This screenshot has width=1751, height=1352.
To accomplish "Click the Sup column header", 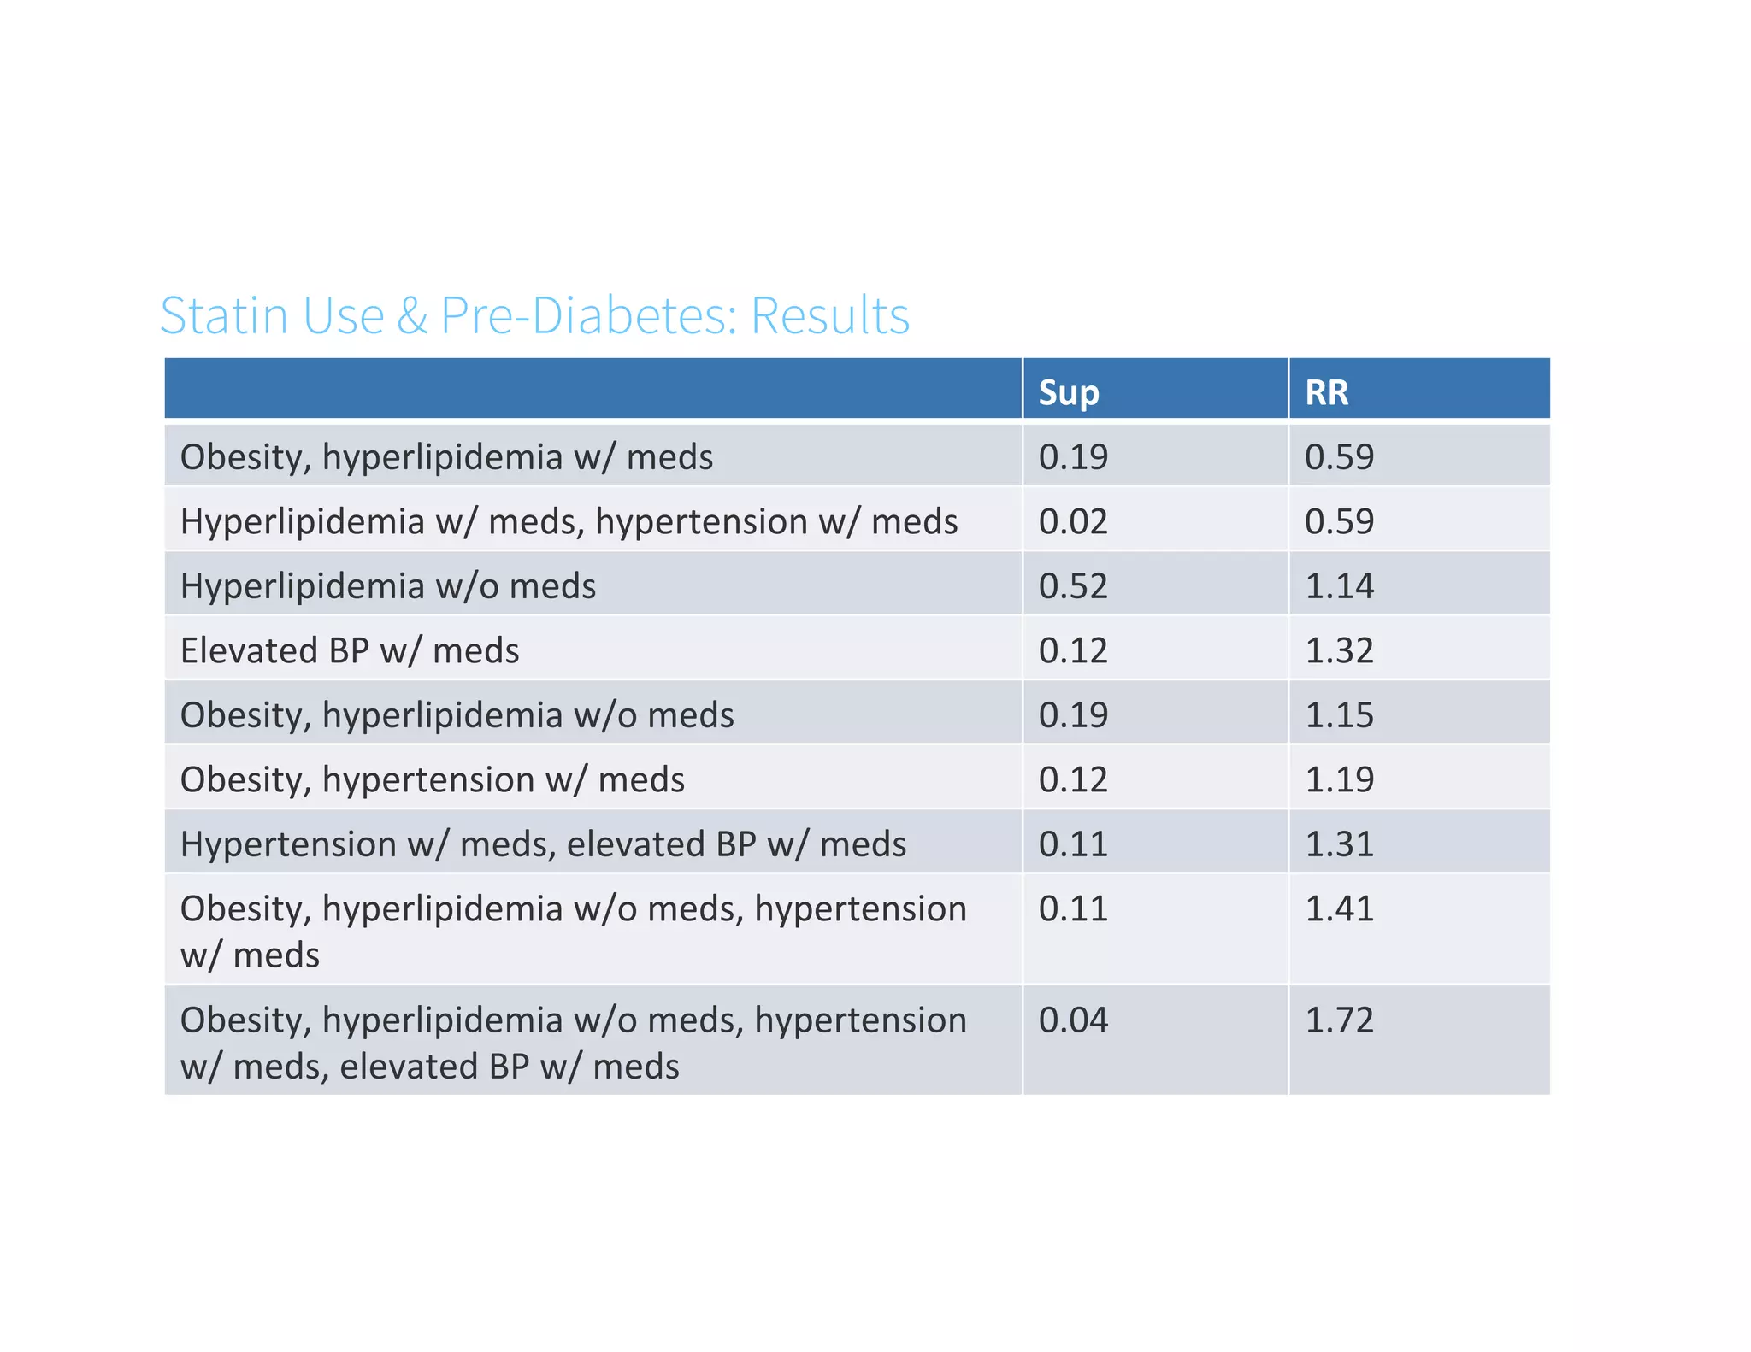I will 1068,392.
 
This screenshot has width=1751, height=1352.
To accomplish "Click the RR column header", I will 1326,392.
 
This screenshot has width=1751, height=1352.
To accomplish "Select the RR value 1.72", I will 1339,1020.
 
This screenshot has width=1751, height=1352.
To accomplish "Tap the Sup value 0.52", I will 1073,586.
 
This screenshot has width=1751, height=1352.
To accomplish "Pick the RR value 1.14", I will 1339,586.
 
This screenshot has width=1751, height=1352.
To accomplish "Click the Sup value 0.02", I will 1073,521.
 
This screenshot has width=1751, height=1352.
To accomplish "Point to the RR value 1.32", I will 1339,650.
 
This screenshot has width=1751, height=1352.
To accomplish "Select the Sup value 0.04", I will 1073,1020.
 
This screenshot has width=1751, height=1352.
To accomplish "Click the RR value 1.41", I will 1339,908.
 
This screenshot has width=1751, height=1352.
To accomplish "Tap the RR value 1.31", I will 1339,844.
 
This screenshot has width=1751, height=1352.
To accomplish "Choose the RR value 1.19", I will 1339,779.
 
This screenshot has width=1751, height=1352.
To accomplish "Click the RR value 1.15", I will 1339,715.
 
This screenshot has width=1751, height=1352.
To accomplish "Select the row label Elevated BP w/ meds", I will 350,650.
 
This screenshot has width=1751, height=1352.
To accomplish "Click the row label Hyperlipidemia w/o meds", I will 388,586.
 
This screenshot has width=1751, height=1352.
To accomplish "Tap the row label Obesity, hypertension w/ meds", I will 433,779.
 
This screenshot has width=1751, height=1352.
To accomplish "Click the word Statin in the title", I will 227,315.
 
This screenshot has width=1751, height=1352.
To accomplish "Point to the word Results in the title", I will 829,315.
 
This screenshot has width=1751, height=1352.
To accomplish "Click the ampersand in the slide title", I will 412,315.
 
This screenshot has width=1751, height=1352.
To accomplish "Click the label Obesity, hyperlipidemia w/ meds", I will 446,457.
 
